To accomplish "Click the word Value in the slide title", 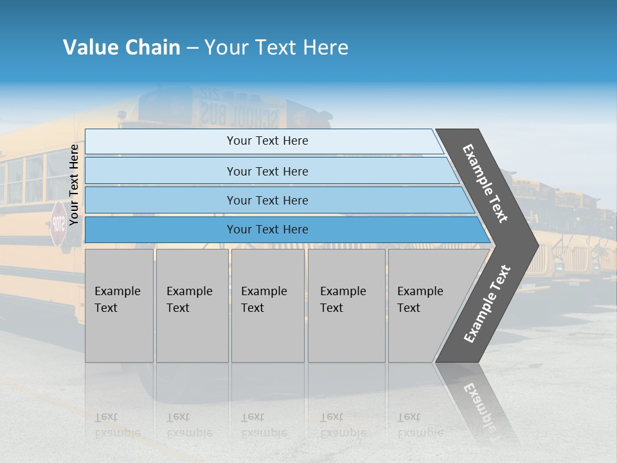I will [x=89, y=48].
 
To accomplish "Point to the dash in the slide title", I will [x=193, y=48].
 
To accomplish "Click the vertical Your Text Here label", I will [x=74, y=185].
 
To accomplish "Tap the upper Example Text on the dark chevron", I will [x=485, y=183].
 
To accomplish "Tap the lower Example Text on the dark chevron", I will [x=487, y=304].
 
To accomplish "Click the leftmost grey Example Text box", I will [x=119, y=305].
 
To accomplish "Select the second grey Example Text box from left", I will [x=192, y=305].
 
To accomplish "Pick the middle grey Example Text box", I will [x=267, y=305].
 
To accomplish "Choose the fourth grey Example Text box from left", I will [x=346, y=305].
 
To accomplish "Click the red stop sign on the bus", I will [x=58, y=223].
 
